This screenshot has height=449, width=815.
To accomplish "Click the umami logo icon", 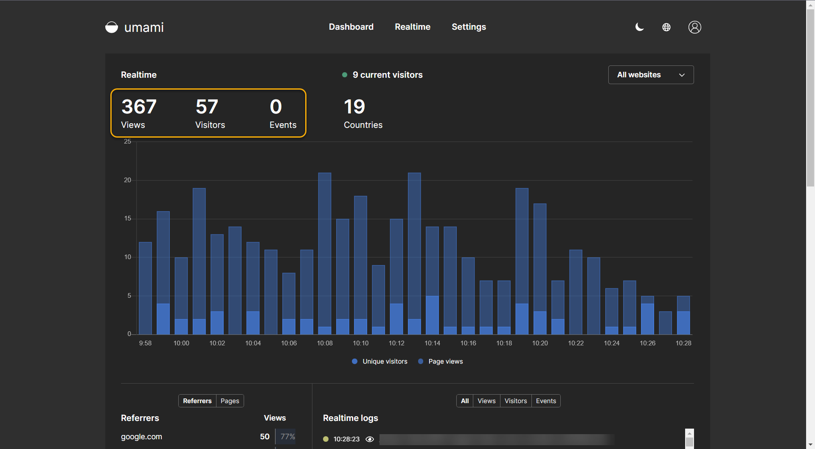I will pos(112,27).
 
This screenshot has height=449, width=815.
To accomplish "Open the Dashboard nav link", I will pos(351,27).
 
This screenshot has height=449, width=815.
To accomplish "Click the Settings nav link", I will pos(469,27).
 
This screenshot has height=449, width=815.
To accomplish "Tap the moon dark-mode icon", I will pos(639,27).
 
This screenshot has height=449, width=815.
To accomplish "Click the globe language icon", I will pos(666,27).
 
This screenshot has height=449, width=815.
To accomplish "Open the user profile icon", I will pos(694,27).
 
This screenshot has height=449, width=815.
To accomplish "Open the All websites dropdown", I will pos(651,75).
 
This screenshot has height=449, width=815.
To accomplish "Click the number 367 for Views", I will pos(139,107).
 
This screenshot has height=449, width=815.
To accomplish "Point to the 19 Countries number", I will pos(354,107).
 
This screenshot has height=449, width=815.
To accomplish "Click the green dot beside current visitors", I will pos(345,75).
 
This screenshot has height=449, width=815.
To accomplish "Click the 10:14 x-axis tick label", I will pos(432,343).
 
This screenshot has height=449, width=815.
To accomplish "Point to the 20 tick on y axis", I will pos(127,180).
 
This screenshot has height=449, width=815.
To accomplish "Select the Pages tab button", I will pos(230,401).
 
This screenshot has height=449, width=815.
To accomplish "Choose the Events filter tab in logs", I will pos(546,401).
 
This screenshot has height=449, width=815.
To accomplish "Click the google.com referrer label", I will pos(141,437).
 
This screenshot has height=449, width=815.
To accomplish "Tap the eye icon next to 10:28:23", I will pos(370,439).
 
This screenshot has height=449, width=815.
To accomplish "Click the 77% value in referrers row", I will pos(287,437).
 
